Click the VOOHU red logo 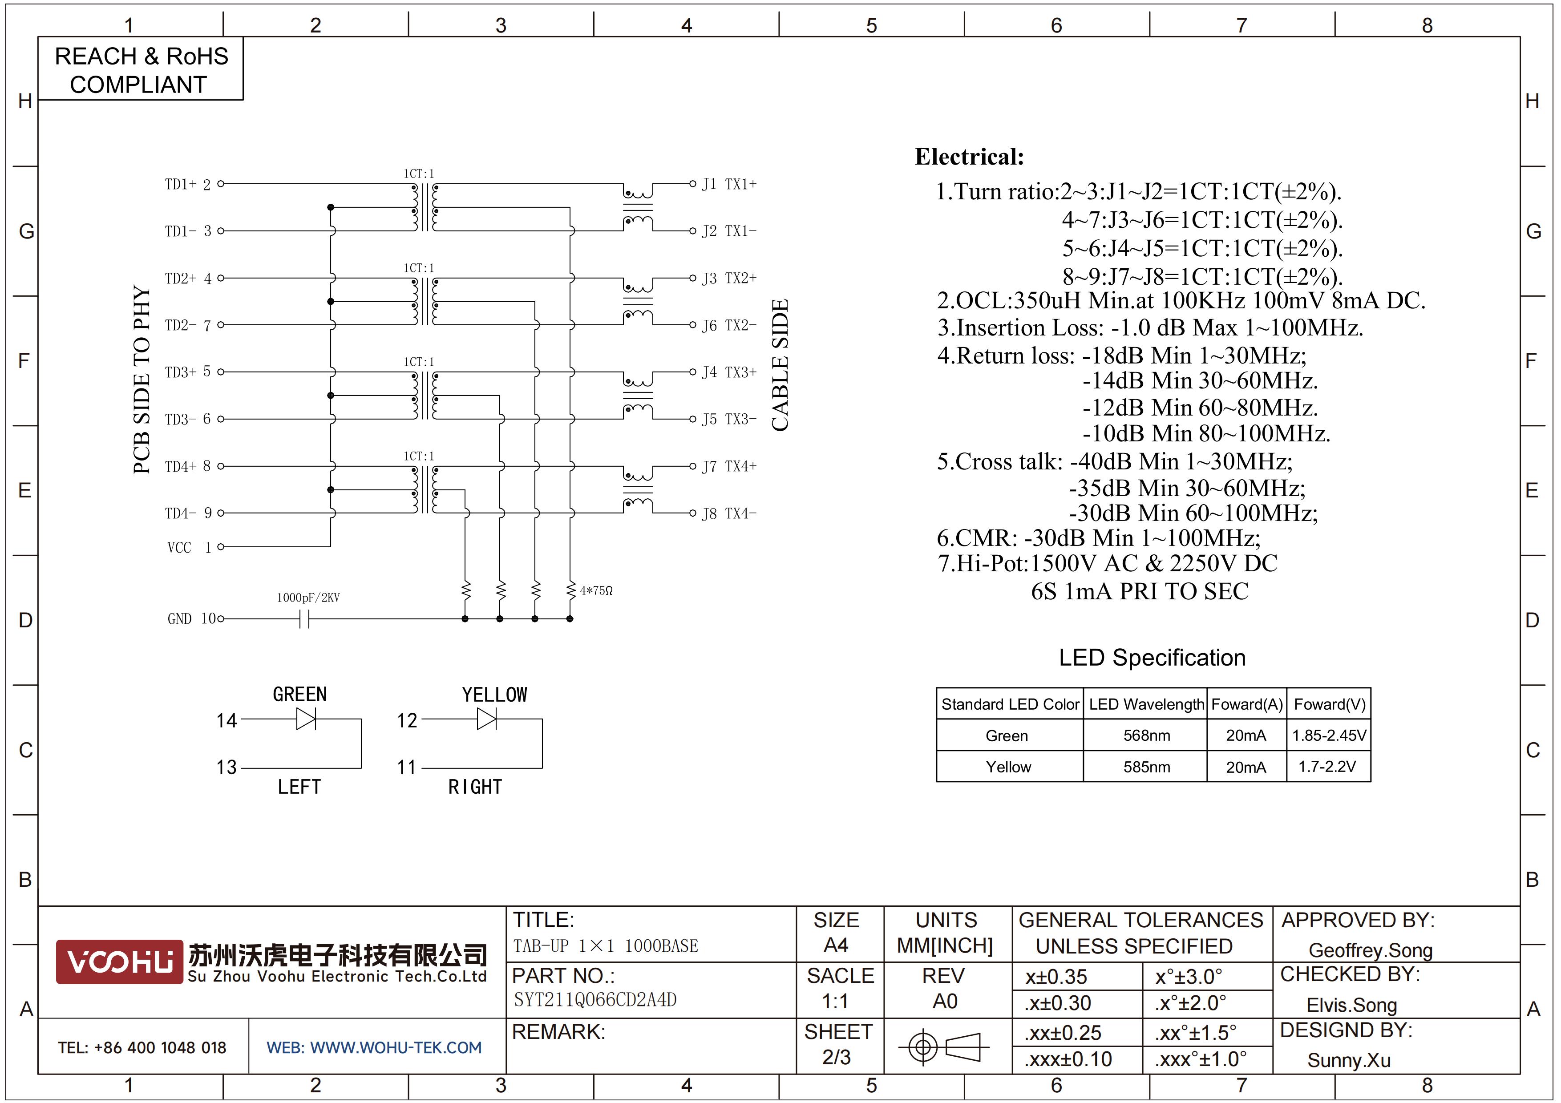pyautogui.click(x=119, y=962)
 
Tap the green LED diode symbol pyautogui.click(x=306, y=719)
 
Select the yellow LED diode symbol pyautogui.click(x=487, y=719)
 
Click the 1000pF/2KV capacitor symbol pyautogui.click(x=304, y=619)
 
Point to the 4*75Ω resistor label pyautogui.click(x=596, y=590)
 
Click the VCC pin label pyautogui.click(x=179, y=548)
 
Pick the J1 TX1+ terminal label pyautogui.click(x=729, y=184)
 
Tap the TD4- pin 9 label pyautogui.click(x=188, y=513)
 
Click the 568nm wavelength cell pyautogui.click(x=1146, y=735)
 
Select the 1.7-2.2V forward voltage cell pyautogui.click(x=1328, y=767)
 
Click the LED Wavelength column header pyautogui.click(x=1146, y=704)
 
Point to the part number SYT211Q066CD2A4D pyautogui.click(x=595, y=1000)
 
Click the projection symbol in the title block pyautogui.click(x=944, y=1046)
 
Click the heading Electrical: pyautogui.click(x=970, y=157)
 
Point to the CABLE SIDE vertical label pyautogui.click(x=780, y=365)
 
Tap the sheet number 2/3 pyautogui.click(x=836, y=1058)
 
